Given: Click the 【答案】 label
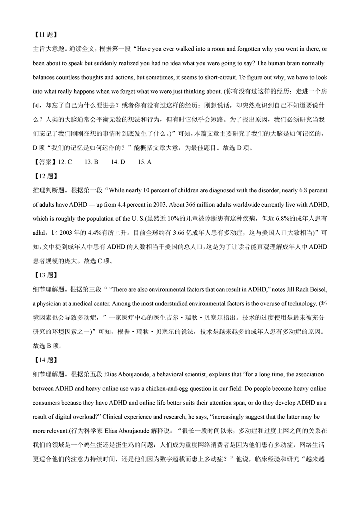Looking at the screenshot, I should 45,162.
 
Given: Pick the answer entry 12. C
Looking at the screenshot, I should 65,162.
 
